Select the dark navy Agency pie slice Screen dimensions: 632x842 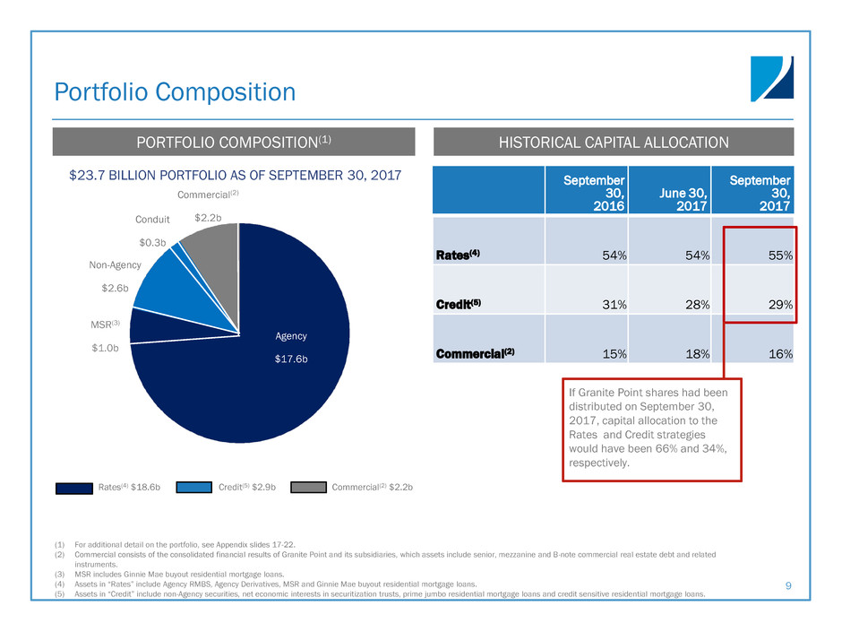coord(269,377)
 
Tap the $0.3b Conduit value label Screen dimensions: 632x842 coord(152,241)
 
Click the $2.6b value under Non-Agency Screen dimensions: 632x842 coord(115,288)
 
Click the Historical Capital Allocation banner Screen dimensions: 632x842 coord(614,142)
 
